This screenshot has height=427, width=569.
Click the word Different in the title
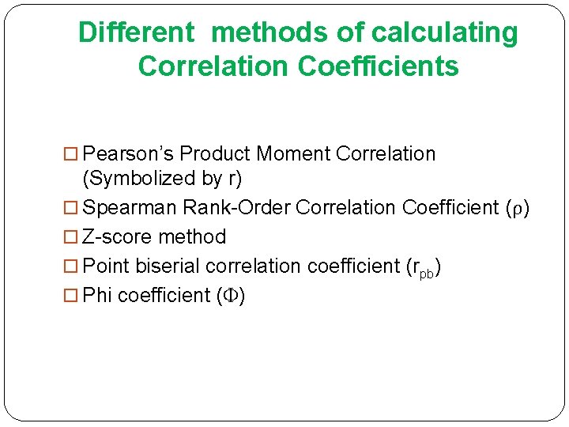click(136, 33)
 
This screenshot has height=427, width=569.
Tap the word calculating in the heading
click(445, 33)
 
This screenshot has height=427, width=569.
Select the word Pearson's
click(127, 153)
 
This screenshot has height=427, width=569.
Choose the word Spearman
click(130, 208)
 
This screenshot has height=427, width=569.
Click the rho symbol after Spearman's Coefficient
click(517, 209)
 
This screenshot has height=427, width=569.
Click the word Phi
click(97, 296)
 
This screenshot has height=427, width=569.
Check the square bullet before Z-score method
click(72, 237)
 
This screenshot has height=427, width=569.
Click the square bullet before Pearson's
click(72, 154)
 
